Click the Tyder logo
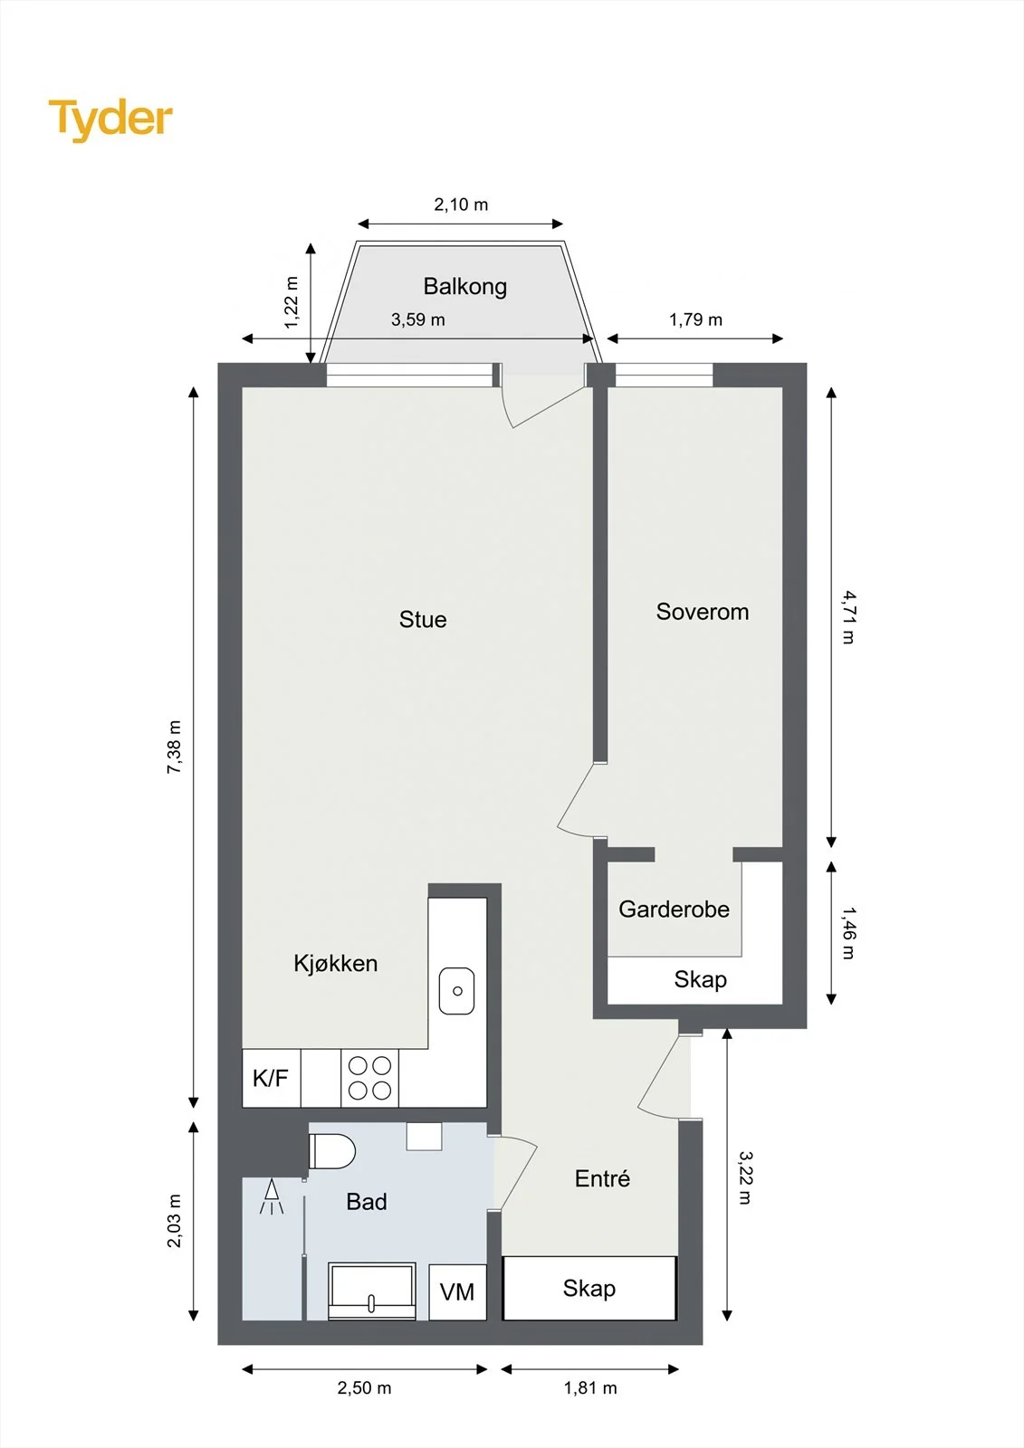tap(110, 119)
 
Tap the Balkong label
tap(465, 286)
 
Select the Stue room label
tap(423, 619)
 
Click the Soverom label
tap(703, 612)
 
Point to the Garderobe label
tap(674, 909)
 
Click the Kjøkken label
tap(335, 963)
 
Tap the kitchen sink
tap(456, 990)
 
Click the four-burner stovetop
tap(369, 1078)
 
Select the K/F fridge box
tap(271, 1078)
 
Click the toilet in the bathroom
tap(332, 1150)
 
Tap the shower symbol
tap(273, 1196)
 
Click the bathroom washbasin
tap(371, 1291)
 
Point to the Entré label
tap(602, 1178)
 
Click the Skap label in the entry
tap(589, 1289)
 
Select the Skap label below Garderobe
tap(700, 979)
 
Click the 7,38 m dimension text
tap(174, 747)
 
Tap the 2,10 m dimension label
tap(461, 205)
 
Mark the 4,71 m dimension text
tap(848, 617)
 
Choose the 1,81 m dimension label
tap(590, 1387)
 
